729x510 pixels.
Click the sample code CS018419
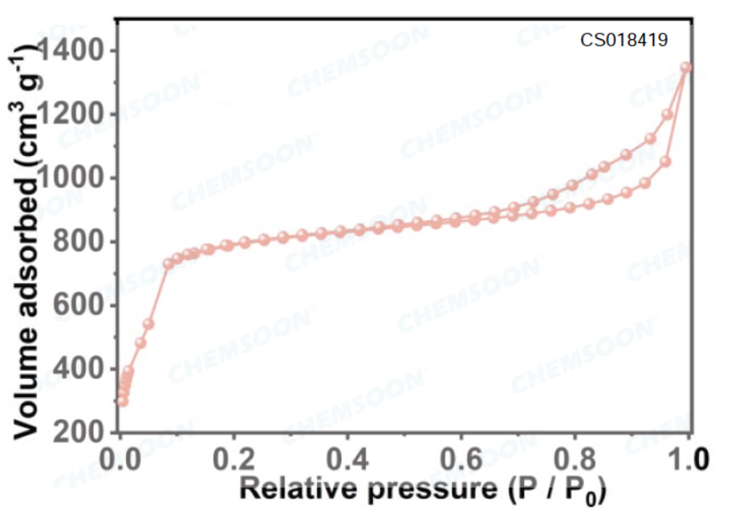pos(624,39)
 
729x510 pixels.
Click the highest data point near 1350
pos(686,68)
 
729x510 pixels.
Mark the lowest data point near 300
pos(123,401)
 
